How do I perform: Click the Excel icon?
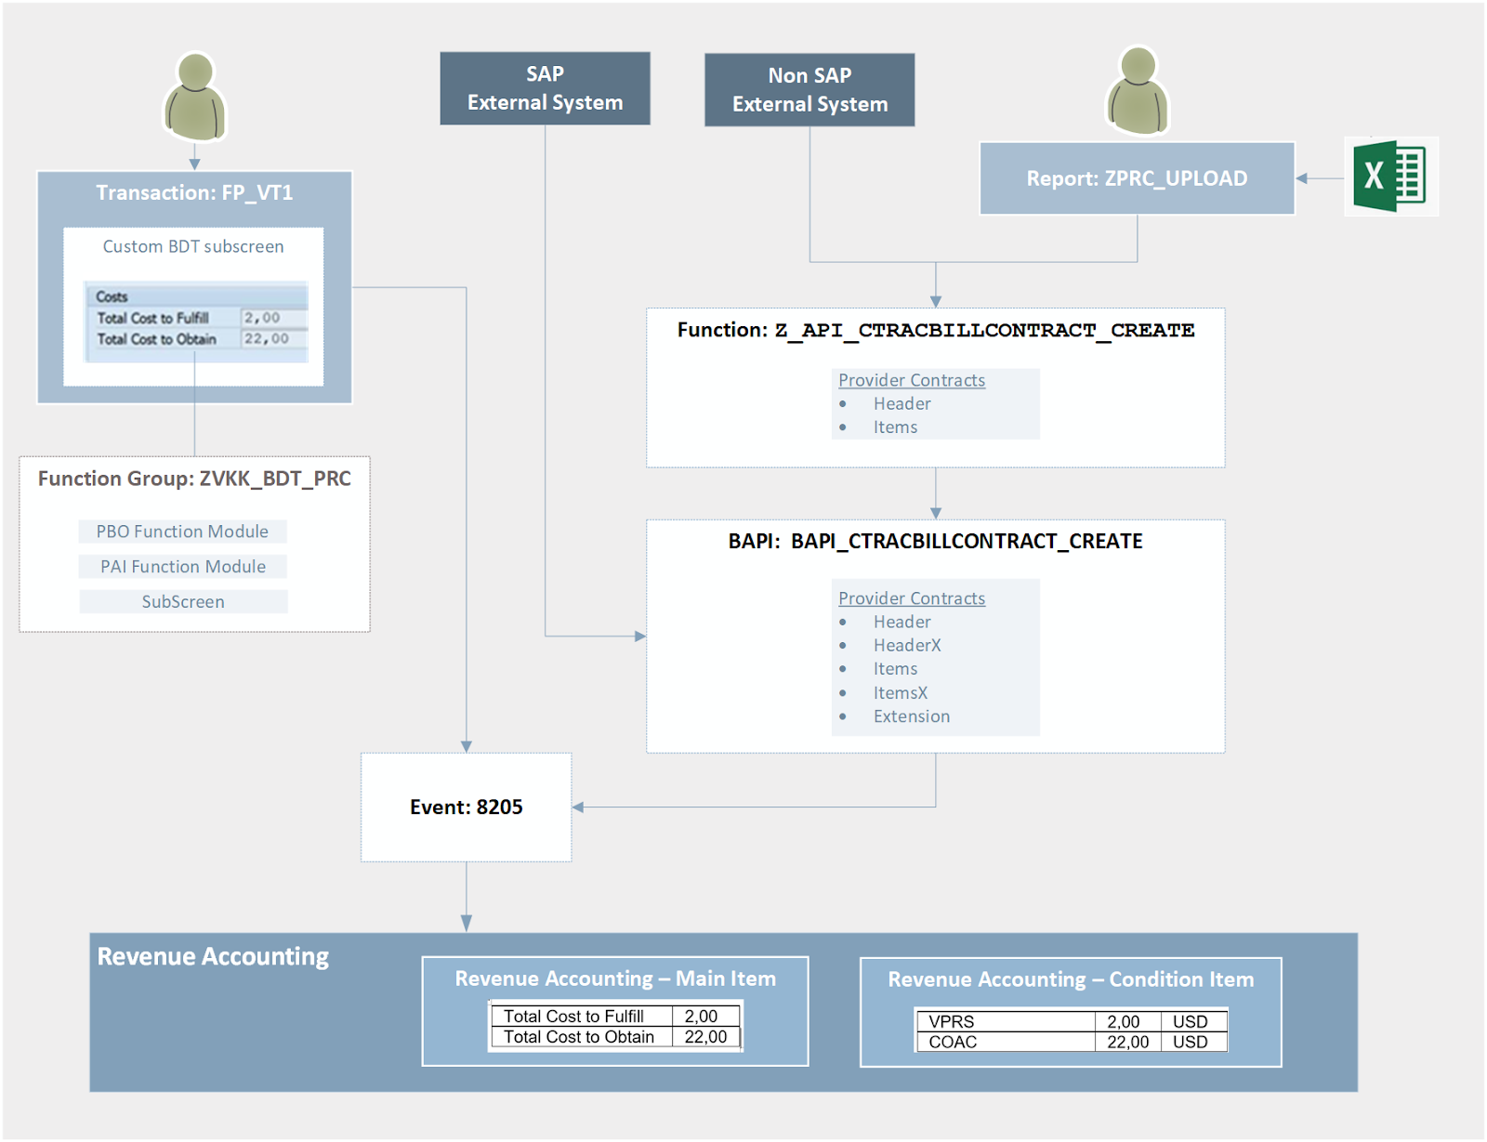tap(1390, 177)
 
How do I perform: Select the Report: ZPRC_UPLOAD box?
tap(1137, 178)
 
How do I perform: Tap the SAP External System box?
tap(545, 88)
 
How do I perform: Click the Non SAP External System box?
tap(809, 90)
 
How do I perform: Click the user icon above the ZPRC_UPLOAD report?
tap(1137, 91)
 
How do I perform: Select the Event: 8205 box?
tap(466, 807)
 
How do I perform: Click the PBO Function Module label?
tap(182, 532)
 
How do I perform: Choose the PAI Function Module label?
tap(183, 567)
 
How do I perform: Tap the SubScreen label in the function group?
tap(183, 602)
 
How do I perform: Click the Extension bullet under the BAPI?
tap(911, 716)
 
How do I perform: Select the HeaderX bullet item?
tap(906, 645)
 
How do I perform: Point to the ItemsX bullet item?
tap(900, 692)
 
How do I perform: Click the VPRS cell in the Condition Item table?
tap(952, 1021)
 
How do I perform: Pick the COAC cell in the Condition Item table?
tap(953, 1042)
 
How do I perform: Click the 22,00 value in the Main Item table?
tap(705, 1037)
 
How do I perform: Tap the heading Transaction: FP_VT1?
tap(194, 192)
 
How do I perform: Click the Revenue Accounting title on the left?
tap(213, 956)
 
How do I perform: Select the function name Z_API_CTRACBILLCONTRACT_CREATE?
tap(984, 330)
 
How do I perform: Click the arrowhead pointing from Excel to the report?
tap(1302, 178)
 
